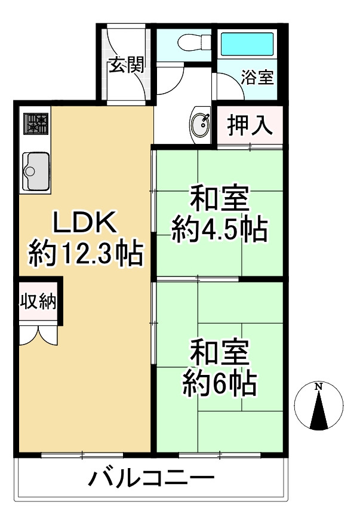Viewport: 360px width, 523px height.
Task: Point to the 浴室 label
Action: pos(257,78)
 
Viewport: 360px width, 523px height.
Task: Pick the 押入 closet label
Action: pos(249,125)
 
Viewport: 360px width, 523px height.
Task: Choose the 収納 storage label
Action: pos(39,302)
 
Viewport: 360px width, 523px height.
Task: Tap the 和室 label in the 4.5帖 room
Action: pos(219,198)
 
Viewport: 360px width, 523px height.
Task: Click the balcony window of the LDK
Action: pos(82,456)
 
